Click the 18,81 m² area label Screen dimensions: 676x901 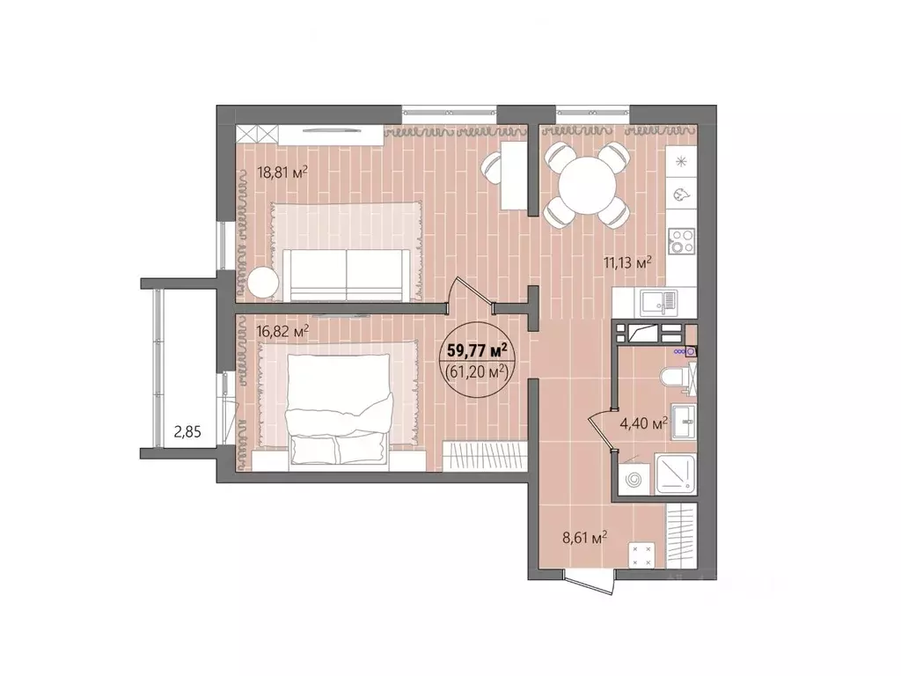282,173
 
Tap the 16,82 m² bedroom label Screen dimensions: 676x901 282,331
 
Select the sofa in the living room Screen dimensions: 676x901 348,273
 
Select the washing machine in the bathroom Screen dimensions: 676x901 634,480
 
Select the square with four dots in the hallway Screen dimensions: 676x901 641,554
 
